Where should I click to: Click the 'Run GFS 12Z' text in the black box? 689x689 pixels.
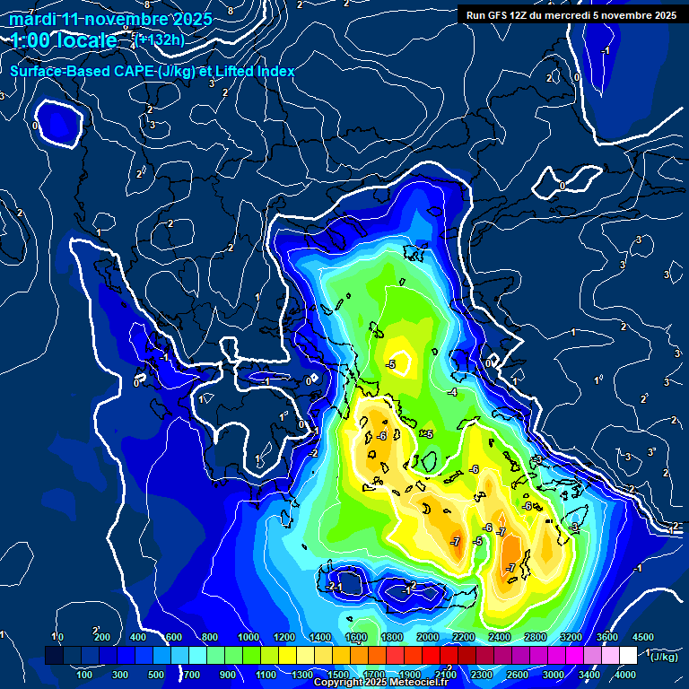pyautogui.click(x=496, y=15)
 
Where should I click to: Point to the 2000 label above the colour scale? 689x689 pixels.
pyautogui.click(x=428, y=637)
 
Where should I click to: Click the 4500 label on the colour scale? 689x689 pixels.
pyautogui.click(x=642, y=637)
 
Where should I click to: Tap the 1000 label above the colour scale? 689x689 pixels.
pyautogui.click(x=249, y=637)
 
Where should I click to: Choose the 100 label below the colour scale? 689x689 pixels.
pyautogui.click(x=85, y=675)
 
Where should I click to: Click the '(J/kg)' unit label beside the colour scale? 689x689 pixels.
pyautogui.click(x=665, y=658)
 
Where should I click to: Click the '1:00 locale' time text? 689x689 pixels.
pyautogui.click(x=64, y=40)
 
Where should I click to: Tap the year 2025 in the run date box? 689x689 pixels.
pyautogui.click(x=664, y=15)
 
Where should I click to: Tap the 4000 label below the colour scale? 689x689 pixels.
pyautogui.click(x=625, y=675)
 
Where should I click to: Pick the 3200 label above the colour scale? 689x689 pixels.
pyautogui.click(x=571, y=637)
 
